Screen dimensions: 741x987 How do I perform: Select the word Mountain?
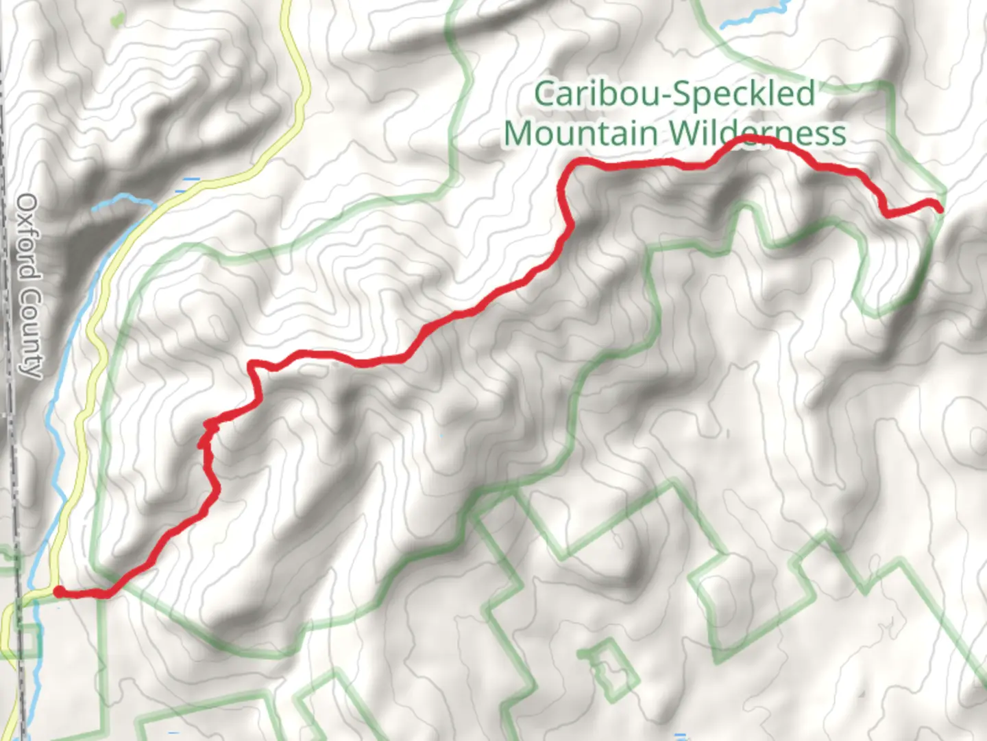[580, 133]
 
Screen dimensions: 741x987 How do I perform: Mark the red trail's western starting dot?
[59, 591]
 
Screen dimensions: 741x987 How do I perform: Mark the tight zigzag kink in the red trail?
[208, 432]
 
